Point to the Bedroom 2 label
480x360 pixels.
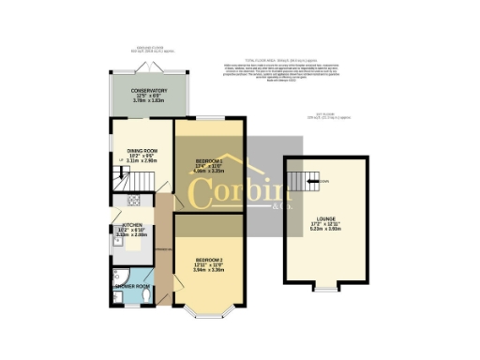209,259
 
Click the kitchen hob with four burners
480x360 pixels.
132,201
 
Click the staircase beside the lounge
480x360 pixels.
300,181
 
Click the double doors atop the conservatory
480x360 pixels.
149,68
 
